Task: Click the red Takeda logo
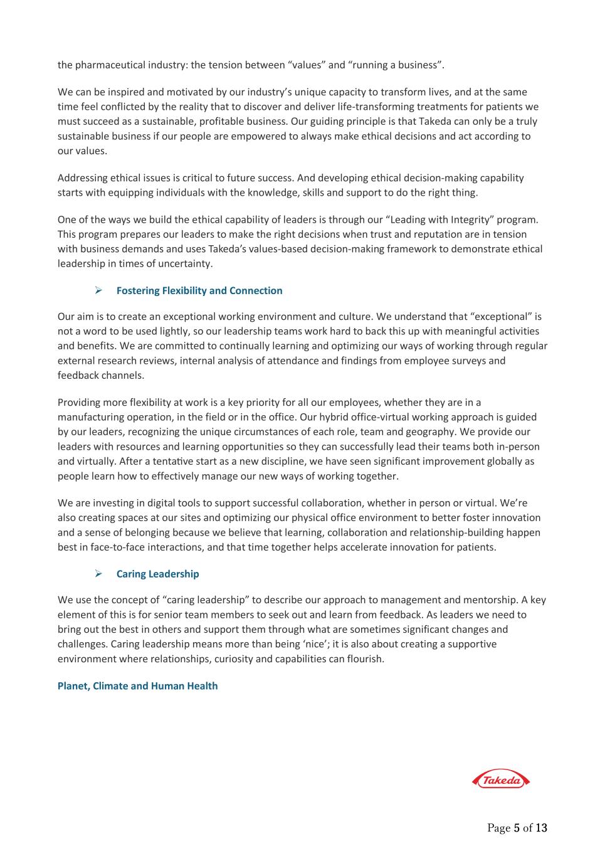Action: (x=501, y=780)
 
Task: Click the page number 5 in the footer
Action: (x=517, y=828)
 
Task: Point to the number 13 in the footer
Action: (x=541, y=828)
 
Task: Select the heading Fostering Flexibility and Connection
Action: (x=199, y=290)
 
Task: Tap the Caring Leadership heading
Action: (x=157, y=574)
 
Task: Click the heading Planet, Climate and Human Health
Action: (x=137, y=686)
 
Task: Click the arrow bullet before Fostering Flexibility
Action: (x=98, y=290)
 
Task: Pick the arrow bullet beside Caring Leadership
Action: (x=98, y=574)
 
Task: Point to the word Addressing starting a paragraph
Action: (x=82, y=178)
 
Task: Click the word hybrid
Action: (x=322, y=417)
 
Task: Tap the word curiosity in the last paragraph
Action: (x=267, y=659)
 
